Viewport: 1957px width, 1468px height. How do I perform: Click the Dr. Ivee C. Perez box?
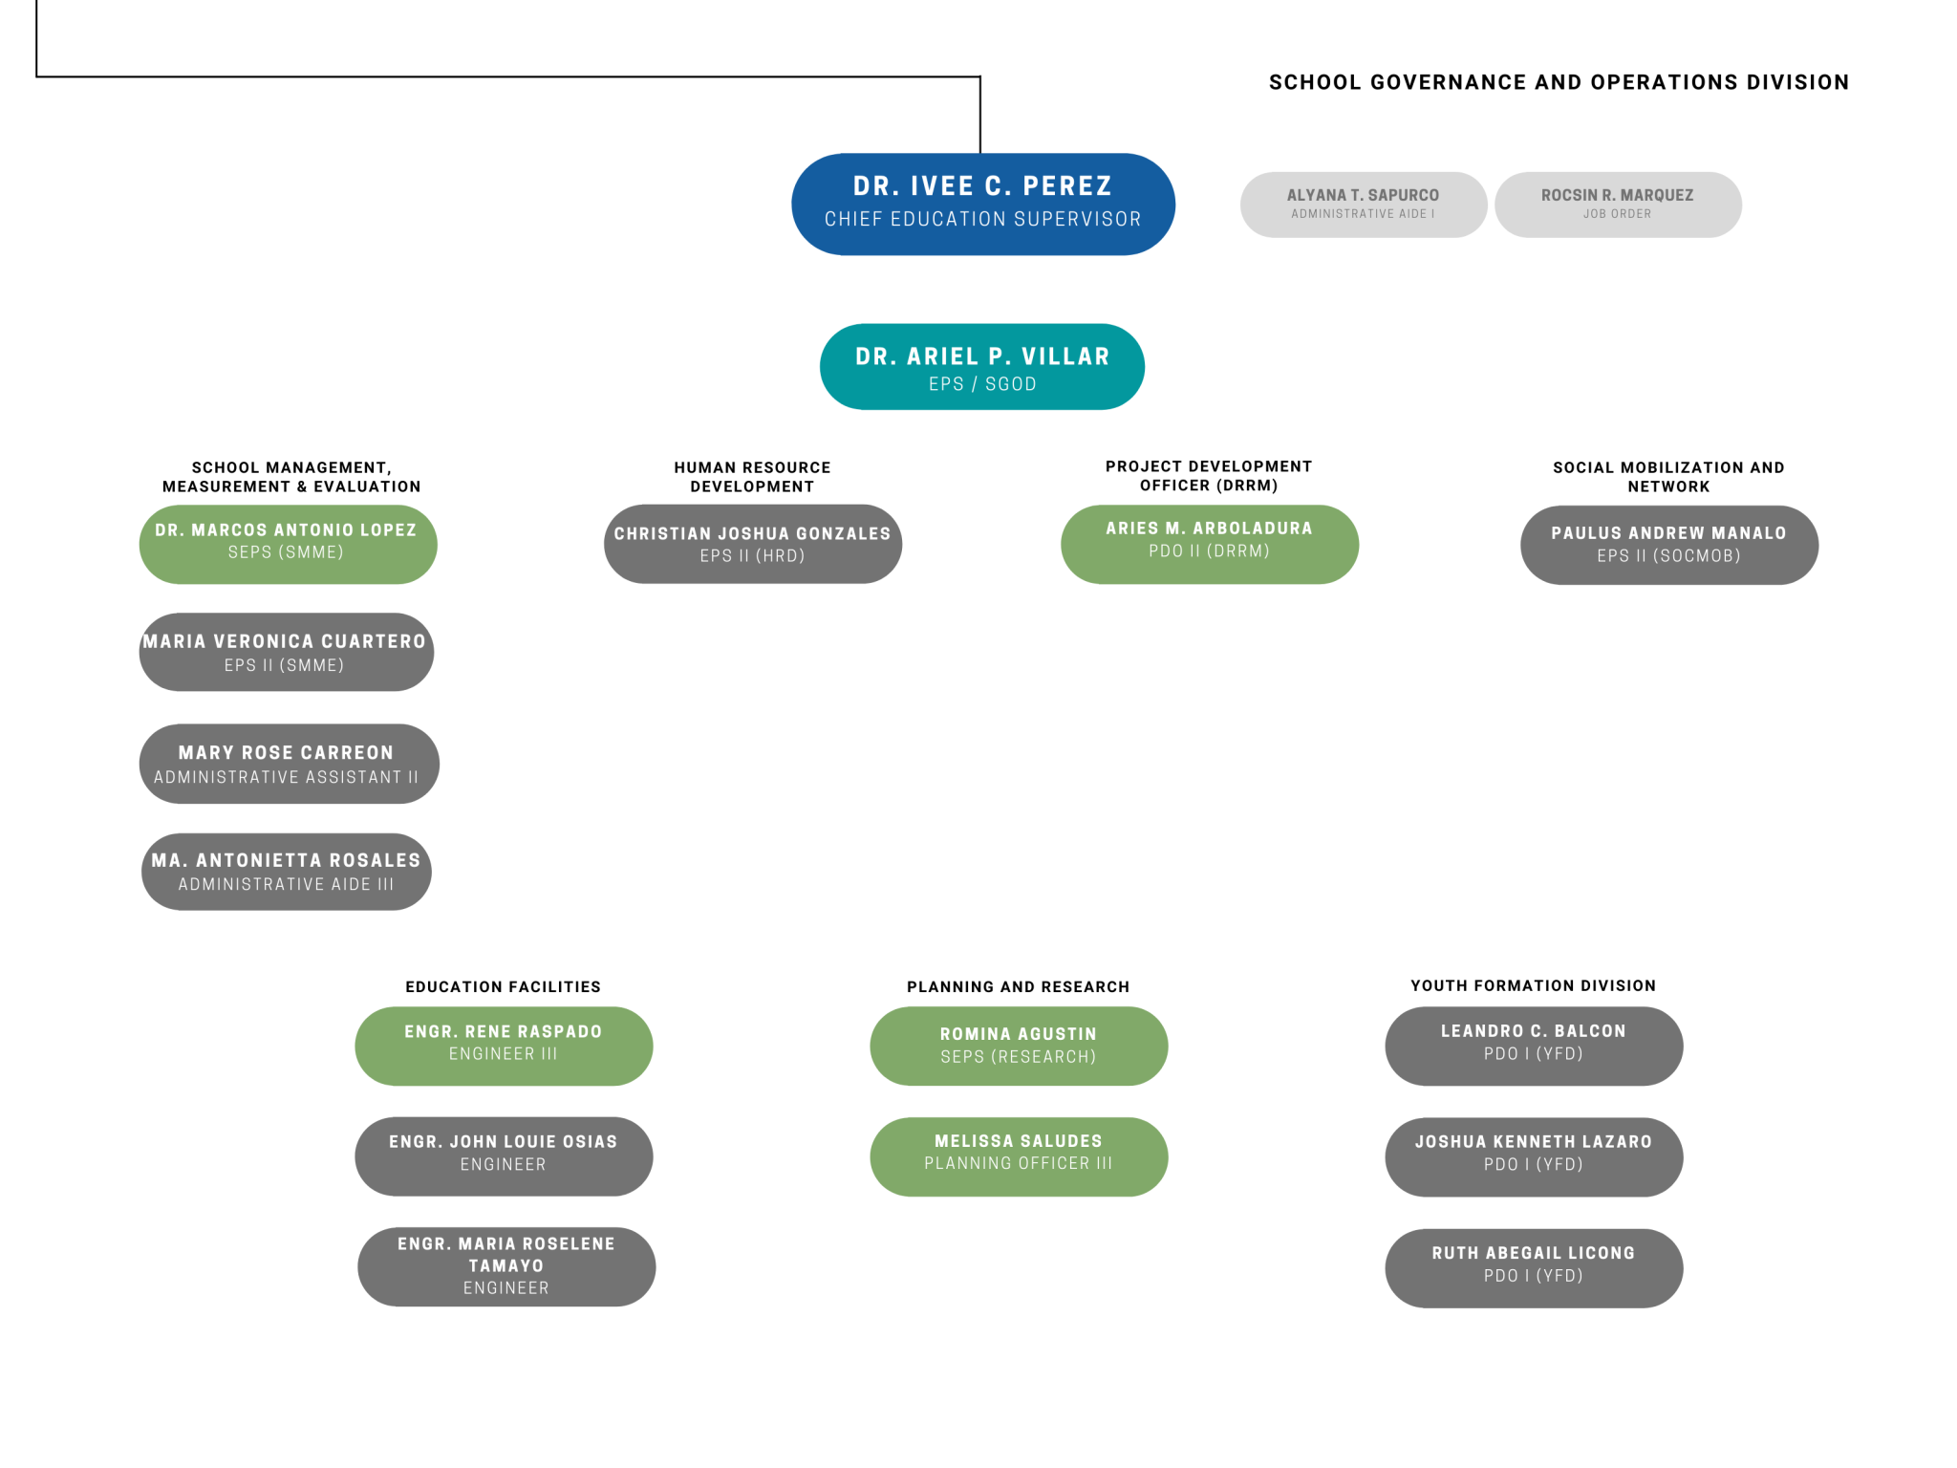[x=982, y=204]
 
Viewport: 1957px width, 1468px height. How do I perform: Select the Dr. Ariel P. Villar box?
[x=982, y=367]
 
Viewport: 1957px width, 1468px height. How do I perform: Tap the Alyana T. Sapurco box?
[x=1364, y=205]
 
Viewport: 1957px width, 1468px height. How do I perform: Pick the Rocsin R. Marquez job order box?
[x=1618, y=205]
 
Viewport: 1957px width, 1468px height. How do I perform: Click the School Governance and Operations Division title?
[x=1559, y=82]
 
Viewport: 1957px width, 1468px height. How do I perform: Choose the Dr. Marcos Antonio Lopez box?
[x=288, y=544]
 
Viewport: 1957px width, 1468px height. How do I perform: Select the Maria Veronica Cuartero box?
[x=287, y=652]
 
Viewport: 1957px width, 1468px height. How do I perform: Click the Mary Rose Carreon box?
[x=289, y=764]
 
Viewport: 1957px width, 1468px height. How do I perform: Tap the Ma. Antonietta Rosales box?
[x=287, y=872]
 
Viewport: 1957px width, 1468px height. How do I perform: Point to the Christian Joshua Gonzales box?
[x=753, y=544]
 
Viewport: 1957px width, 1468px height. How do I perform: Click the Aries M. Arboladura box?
[x=1210, y=544]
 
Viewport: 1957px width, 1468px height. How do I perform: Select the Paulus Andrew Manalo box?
[x=1669, y=545]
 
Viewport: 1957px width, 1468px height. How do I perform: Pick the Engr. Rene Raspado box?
[x=504, y=1046]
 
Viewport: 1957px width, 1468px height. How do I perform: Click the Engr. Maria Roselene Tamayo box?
[x=506, y=1266]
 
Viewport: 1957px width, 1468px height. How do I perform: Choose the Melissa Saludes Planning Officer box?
[x=1019, y=1156]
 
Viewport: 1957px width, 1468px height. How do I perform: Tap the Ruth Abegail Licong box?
[x=1534, y=1268]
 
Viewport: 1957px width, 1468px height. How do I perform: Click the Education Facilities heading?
[x=504, y=987]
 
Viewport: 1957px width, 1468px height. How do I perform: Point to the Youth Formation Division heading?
[x=1534, y=985]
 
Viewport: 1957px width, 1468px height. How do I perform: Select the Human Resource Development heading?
[x=753, y=477]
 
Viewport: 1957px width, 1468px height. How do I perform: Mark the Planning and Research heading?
[x=1019, y=987]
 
